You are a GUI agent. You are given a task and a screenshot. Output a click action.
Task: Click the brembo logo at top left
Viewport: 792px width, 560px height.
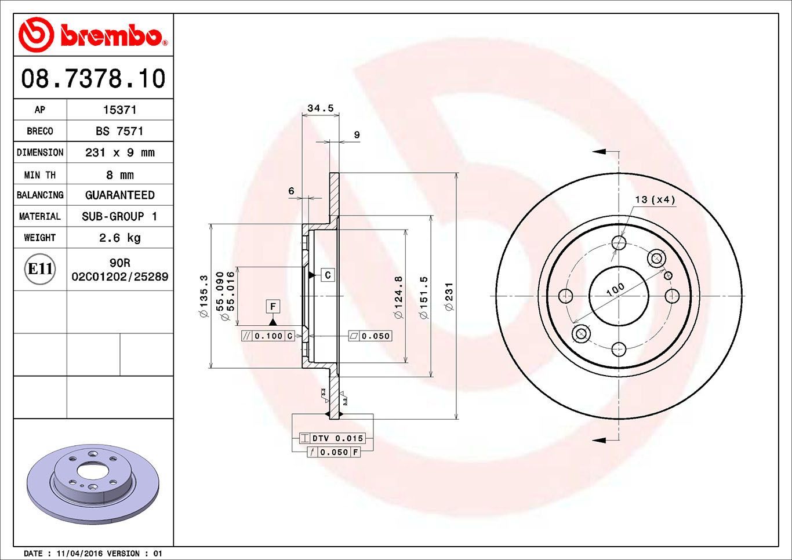coord(93,35)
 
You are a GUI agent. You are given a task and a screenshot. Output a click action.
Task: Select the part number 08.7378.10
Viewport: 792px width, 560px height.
coord(93,78)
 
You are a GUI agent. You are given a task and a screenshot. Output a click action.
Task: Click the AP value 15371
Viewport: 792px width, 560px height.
coord(119,110)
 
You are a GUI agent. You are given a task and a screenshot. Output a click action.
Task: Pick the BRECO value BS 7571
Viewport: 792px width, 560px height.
coord(119,131)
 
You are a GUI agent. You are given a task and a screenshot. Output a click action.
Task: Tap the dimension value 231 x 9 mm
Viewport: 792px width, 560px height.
coord(119,152)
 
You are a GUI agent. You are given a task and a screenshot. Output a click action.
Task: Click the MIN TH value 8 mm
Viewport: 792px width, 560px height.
coord(119,174)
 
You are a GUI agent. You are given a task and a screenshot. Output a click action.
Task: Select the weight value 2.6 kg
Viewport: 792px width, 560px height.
coord(119,238)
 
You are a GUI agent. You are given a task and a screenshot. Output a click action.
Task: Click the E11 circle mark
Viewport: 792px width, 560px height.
coord(40,269)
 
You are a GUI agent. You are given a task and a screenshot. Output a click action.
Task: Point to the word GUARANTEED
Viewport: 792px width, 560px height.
coord(119,195)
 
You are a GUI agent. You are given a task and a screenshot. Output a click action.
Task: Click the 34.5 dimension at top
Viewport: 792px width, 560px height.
coord(320,108)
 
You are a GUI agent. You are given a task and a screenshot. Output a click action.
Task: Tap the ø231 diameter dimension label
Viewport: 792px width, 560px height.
coord(450,296)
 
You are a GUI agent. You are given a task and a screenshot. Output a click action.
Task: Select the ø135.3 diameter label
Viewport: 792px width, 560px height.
coord(204,296)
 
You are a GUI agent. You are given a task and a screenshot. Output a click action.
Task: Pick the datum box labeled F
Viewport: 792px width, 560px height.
coord(273,306)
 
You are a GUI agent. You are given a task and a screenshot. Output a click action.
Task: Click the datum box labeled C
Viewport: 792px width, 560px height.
coord(328,275)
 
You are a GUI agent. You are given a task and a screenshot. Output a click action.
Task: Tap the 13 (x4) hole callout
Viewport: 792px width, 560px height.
coord(655,199)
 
